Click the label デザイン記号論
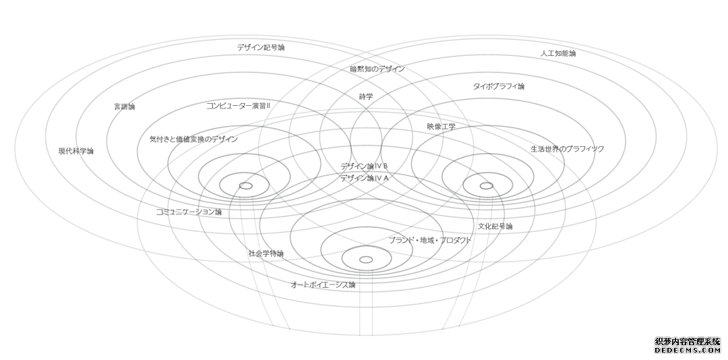(260, 47)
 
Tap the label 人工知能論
(558, 53)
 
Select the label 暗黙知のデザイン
(377, 69)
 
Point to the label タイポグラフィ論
(499, 86)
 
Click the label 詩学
(366, 96)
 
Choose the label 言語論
(125, 107)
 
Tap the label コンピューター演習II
(238, 106)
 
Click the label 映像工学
(441, 126)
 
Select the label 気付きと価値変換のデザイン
(193, 139)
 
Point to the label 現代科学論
(75, 151)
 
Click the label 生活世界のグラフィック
(568, 149)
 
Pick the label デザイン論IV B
(364, 167)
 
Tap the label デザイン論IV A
(364, 179)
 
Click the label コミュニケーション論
(189, 212)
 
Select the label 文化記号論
(495, 227)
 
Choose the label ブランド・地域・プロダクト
(430, 240)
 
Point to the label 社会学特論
(266, 253)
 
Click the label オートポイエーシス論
(323, 284)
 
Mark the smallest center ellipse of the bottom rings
(366, 256)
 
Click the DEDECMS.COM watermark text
(688, 350)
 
